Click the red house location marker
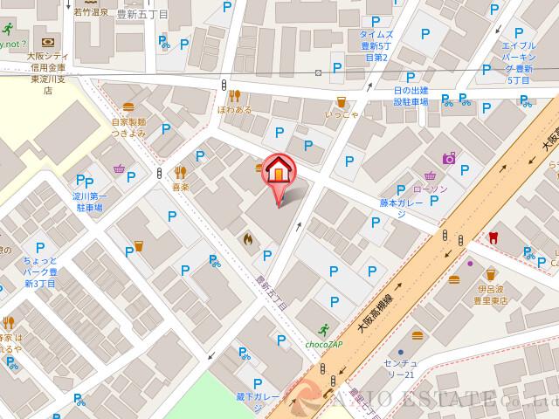[x=279, y=170]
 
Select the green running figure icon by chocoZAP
[x=325, y=330]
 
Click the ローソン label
[x=430, y=189]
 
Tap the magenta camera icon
[x=449, y=158]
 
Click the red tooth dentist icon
[x=492, y=236]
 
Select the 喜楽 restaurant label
[x=181, y=187]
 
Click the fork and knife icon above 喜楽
[x=181, y=172]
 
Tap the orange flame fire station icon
[x=248, y=237]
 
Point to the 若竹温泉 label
[x=91, y=12]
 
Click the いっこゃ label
[x=342, y=114]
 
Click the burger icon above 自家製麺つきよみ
[x=128, y=106]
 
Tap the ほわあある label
[x=234, y=110]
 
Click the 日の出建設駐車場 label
[x=411, y=96]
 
